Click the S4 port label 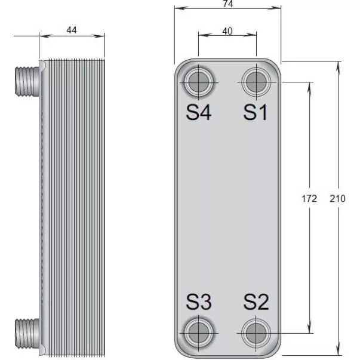199,112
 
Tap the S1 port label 256,112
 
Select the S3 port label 199,301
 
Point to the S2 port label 256,301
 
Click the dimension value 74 228,4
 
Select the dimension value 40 227,31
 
